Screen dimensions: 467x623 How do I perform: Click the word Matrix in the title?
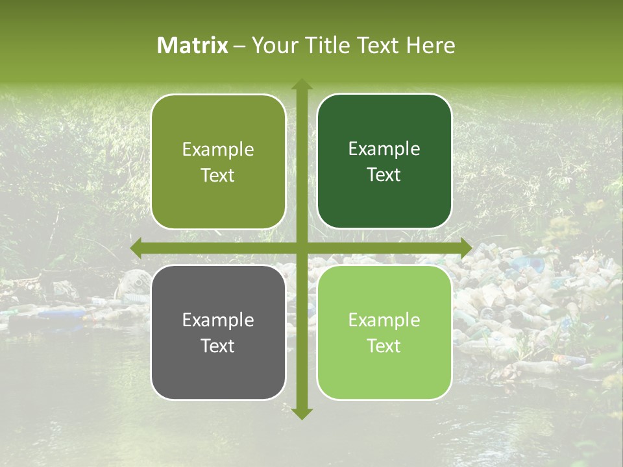tap(193, 45)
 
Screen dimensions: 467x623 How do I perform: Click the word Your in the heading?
tap(273, 45)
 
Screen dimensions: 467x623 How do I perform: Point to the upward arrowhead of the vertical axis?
tap(302, 84)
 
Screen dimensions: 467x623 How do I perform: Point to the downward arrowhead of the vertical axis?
tap(302, 413)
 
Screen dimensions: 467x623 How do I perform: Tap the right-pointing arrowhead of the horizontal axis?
tap(465, 248)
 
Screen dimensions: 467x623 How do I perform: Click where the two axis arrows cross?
tap(302, 248)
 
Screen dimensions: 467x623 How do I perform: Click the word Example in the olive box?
tap(218, 150)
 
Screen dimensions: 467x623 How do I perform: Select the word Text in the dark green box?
tap(384, 174)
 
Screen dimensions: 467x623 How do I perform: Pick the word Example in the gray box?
tap(218, 320)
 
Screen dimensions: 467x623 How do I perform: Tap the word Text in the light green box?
tap(384, 346)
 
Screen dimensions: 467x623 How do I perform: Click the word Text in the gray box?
tap(218, 346)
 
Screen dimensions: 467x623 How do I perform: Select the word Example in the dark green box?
tap(384, 149)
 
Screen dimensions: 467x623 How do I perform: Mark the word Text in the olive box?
tap(218, 175)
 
